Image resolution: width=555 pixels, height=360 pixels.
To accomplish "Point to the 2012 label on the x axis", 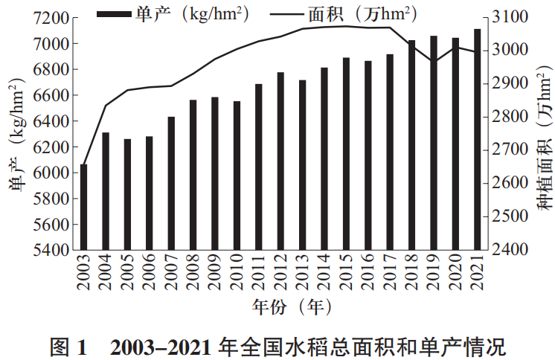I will [280, 274].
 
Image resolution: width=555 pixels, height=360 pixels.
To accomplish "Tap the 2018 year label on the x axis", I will [412, 274].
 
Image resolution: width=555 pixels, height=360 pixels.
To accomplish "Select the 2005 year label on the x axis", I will [127, 274].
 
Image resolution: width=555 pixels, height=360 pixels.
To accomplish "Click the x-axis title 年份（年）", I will [281, 305].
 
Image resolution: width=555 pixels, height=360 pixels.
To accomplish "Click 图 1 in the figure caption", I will [68, 345].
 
